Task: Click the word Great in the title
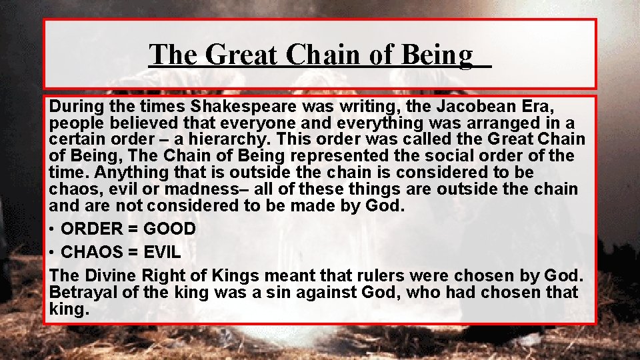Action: (x=240, y=55)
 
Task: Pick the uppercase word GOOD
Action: (x=169, y=229)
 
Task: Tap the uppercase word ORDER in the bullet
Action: (x=92, y=229)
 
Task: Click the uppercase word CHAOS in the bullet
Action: (x=91, y=253)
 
